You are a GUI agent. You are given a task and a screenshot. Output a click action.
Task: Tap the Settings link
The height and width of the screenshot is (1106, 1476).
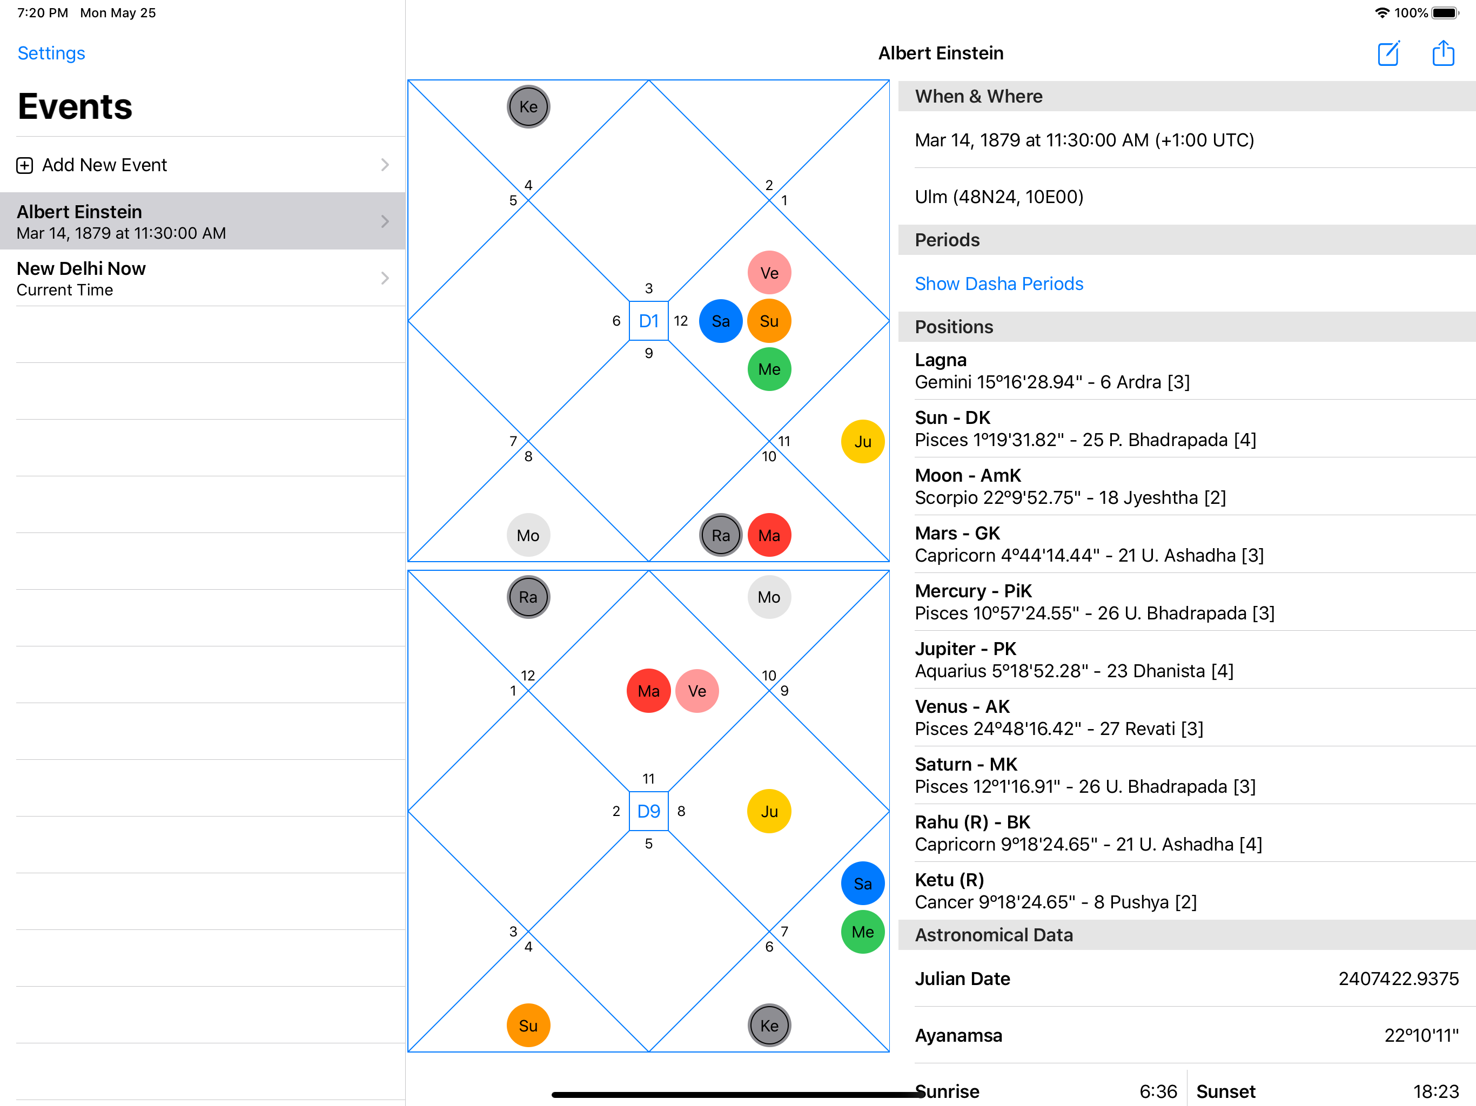(x=51, y=53)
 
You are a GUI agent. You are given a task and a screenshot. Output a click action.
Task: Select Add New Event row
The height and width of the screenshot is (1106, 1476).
(x=200, y=165)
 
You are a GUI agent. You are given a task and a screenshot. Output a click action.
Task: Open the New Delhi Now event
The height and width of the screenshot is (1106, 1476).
(x=200, y=278)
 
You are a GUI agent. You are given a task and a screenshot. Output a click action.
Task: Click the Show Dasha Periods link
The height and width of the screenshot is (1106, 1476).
(x=998, y=284)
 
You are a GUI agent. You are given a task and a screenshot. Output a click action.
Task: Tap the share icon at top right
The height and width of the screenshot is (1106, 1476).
(x=1443, y=53)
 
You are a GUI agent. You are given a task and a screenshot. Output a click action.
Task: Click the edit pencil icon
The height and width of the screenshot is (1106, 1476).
(x=1388, y=53)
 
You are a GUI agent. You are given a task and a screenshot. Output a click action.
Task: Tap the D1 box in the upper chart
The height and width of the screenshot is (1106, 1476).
(x=648, y=321)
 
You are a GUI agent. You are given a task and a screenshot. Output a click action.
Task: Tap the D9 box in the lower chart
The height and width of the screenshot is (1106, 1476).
(x=648, y=811)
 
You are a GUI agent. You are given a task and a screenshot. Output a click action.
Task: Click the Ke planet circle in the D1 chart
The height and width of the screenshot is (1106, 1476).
(x=528, y=107)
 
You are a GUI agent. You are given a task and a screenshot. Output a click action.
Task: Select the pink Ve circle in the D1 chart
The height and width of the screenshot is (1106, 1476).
(x=769, y=273)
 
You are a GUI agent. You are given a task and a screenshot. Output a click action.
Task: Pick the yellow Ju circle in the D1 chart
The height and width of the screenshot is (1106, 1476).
(x=862, y=442)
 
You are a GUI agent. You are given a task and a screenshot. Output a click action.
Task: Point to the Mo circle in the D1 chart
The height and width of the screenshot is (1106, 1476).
(x=528, y=535)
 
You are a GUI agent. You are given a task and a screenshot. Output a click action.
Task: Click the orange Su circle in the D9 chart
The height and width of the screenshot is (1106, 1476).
(x=528, y=1026)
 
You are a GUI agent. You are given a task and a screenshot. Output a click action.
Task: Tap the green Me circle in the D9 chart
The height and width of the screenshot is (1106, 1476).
(x=862, y=932)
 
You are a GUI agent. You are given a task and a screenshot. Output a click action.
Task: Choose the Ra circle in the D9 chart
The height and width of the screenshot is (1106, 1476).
(x=528, y=597)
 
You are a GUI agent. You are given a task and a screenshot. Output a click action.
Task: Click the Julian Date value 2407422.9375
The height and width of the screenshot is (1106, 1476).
(x=1398, y=979)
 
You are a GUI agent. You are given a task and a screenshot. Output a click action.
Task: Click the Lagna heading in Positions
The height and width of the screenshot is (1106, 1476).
(x=940, y=360)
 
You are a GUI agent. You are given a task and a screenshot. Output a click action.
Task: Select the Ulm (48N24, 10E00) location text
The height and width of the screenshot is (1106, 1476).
(x=998, y=197)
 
